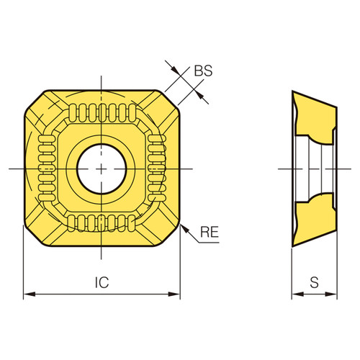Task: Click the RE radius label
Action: click(210, 231)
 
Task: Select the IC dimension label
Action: click(102, 283)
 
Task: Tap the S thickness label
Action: click(314, 283)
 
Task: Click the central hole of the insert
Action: click(102, 167)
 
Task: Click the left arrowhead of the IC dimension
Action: click(28, 294)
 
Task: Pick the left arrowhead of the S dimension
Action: click(295, 294)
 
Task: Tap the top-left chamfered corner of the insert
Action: click(36, 101)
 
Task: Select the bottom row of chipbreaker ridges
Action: click(102, 222)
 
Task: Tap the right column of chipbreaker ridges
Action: click(156, 167)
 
